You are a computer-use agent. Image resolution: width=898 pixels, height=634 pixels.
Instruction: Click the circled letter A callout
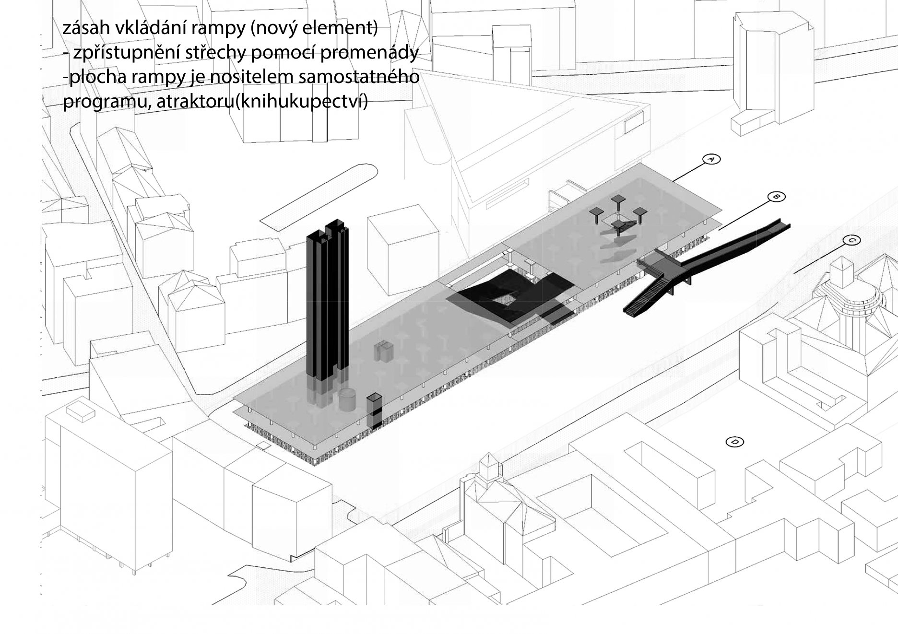point(711,159)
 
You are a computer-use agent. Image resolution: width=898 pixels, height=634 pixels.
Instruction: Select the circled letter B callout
point(776,196)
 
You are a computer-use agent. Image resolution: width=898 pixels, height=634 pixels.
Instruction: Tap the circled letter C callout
point(851,240)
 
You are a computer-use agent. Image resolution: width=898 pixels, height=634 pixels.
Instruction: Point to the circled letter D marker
point(735,442)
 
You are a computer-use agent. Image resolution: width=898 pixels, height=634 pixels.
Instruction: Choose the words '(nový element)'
point(314,28)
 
